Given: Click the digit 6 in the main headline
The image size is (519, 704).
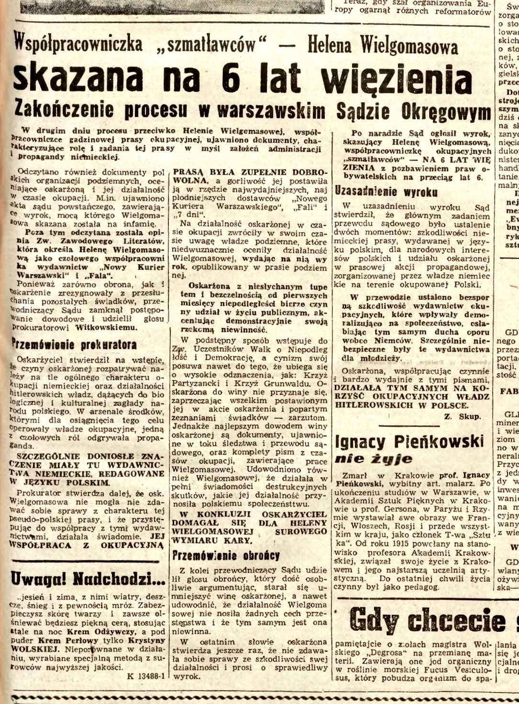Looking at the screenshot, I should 231,78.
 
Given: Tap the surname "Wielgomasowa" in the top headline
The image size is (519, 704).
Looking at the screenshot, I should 409,46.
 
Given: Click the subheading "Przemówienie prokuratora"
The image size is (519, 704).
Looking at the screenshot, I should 74,345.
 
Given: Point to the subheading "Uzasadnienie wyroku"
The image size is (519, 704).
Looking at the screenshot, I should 386,192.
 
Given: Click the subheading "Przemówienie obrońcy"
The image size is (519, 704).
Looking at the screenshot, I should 226,555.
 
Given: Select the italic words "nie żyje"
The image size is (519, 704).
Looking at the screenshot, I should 374,459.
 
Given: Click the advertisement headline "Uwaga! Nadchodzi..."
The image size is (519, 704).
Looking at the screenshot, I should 88,579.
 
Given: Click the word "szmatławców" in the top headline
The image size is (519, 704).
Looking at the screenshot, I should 210,45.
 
